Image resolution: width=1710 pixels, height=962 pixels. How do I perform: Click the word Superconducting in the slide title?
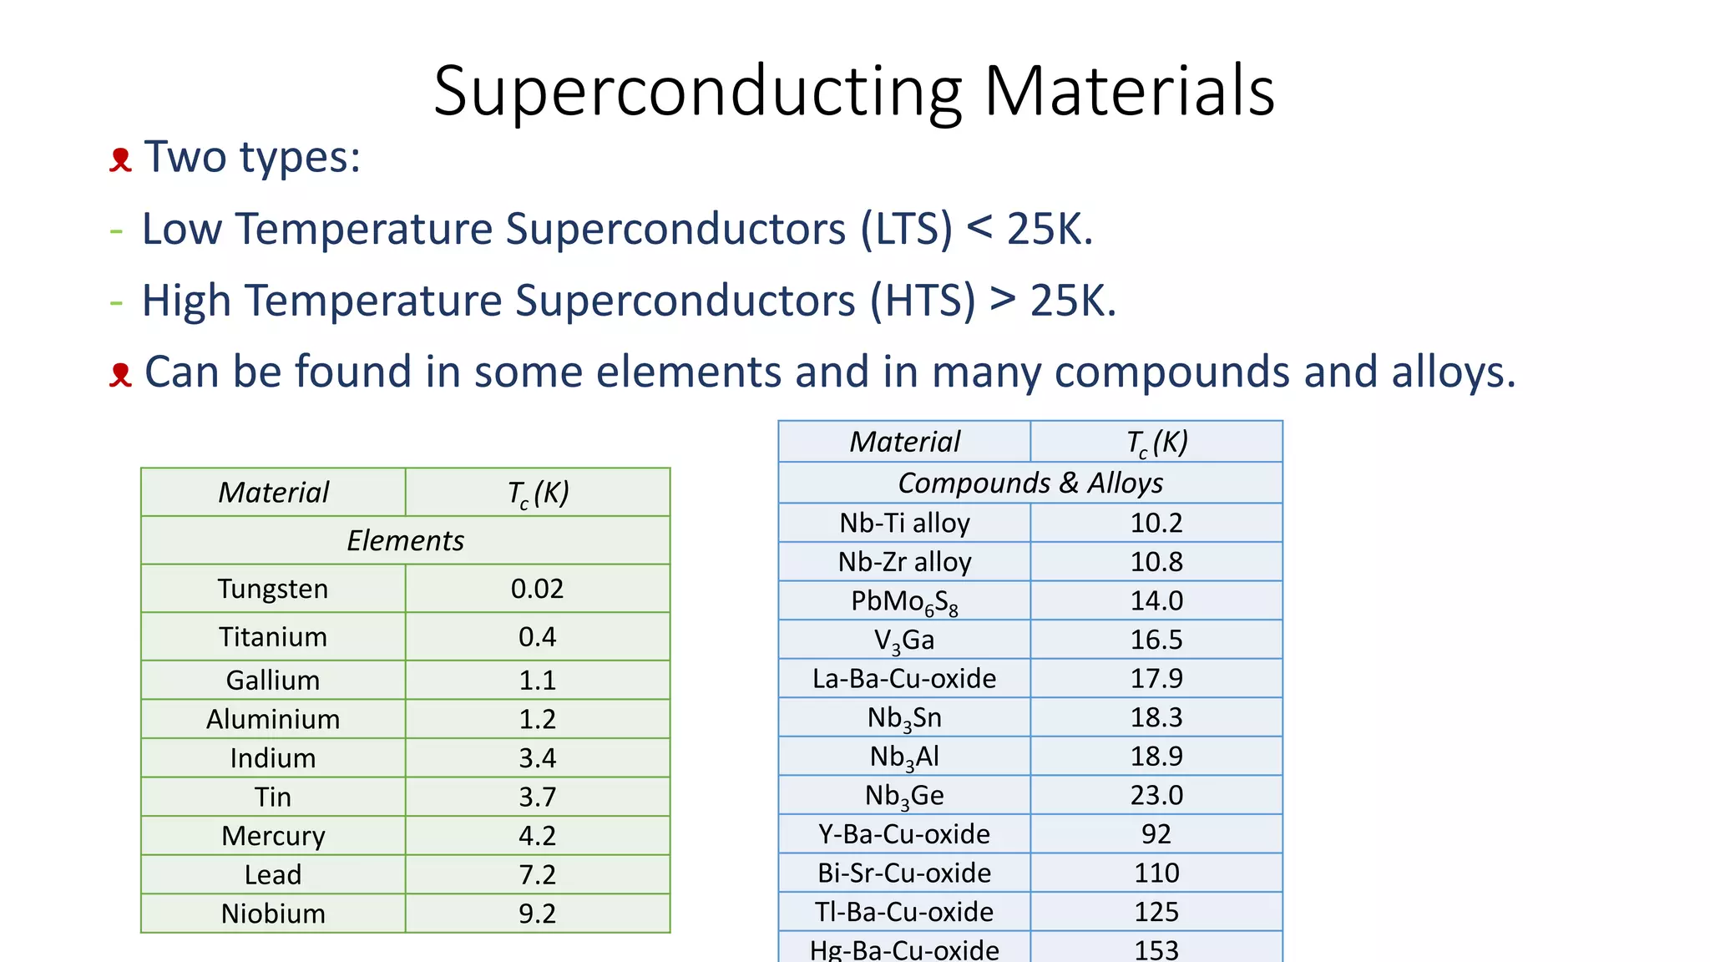(697, 92)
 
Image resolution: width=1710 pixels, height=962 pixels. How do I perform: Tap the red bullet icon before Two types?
(121, 159)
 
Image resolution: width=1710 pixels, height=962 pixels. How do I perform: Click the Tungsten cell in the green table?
(273, 589)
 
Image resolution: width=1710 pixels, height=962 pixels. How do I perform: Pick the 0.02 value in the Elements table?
(537, 589)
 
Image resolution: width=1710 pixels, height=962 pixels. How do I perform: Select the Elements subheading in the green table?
(405, 541)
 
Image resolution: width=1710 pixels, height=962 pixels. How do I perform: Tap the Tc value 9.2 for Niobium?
(537, 914)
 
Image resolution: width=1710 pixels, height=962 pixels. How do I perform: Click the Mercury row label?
(273, 836)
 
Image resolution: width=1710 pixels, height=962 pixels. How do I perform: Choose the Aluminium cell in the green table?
(273, 719)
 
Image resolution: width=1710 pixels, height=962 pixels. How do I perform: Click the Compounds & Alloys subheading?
(1030, 483)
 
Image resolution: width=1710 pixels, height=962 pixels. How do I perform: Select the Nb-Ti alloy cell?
(904, 523)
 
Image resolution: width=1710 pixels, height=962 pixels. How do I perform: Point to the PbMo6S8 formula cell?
(904, 601)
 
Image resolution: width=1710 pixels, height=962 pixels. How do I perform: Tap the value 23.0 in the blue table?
(1156, 795)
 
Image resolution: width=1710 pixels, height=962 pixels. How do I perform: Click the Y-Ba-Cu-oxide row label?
(904, 834)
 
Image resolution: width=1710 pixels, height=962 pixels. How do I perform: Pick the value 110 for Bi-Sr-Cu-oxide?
(1156, 873)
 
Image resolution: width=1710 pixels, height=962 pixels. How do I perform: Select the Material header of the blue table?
(904, 442)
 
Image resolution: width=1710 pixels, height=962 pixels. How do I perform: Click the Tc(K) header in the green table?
(537, 493)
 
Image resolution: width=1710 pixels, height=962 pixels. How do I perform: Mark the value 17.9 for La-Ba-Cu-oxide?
(1156, 678)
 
